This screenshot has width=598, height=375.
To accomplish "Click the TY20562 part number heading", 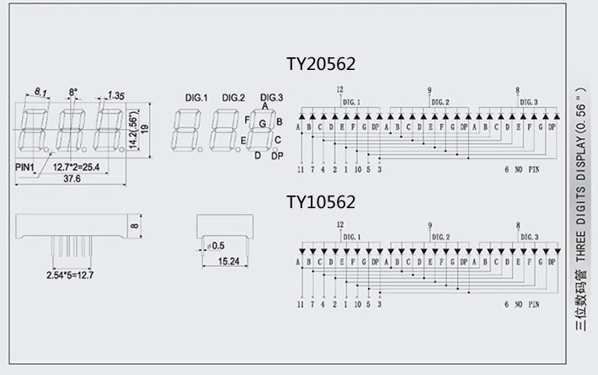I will click(321, 64).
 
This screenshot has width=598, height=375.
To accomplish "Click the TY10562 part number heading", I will click(321, 202).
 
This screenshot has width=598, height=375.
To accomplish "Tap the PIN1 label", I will click(24, 167).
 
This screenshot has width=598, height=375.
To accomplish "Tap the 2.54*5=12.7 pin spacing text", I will click(70, 274).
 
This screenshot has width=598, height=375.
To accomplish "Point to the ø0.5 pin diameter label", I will click(216, 245).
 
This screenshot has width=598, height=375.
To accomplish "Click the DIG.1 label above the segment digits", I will click(195, 99).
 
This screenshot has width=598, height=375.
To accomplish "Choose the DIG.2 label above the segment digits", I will click(233, 99).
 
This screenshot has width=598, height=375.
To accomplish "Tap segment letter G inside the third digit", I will click(264, 124).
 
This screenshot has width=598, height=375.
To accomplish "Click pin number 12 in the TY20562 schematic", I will click(339, 89).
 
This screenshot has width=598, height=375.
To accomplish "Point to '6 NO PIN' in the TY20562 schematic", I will click(522, 169).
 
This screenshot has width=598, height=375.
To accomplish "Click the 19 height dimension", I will click(145, 127).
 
